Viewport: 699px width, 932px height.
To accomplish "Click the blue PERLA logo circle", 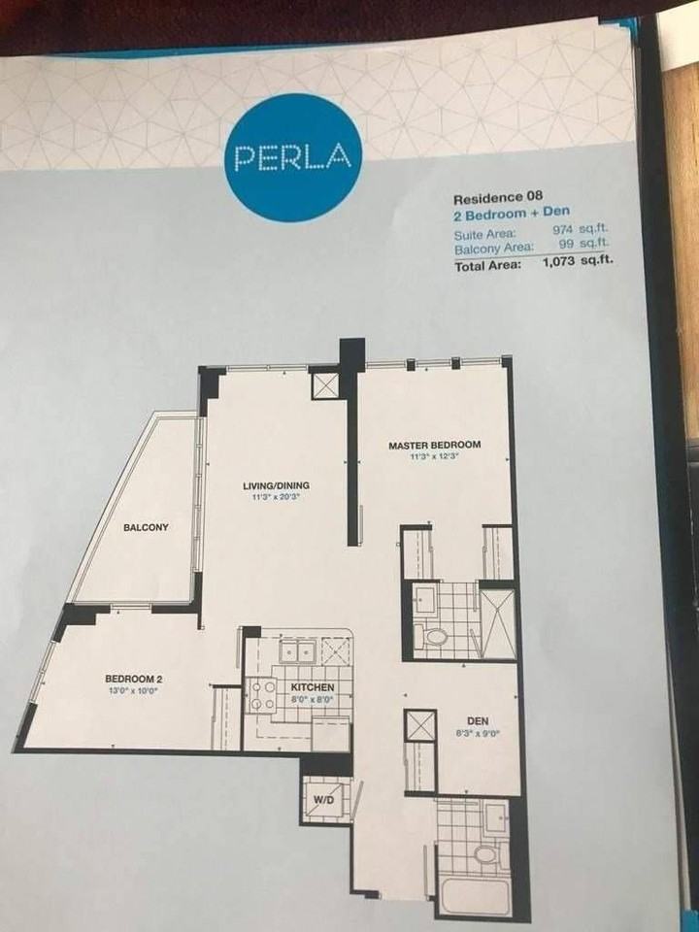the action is [x=293, y=158].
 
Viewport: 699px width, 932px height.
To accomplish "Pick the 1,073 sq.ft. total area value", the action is [x=578, y=262].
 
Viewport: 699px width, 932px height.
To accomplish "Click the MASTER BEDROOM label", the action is [x=435, y=445].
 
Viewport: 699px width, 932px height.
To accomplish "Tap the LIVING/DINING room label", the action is [x=277, y=485].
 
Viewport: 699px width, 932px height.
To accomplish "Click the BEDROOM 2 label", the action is [x=134, y=680].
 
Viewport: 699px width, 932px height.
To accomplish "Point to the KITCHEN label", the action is [x=313, y=687].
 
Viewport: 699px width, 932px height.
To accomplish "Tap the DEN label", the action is [x=478, y=721].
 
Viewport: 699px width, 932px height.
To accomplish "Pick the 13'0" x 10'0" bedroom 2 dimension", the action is [x=134, y=691].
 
